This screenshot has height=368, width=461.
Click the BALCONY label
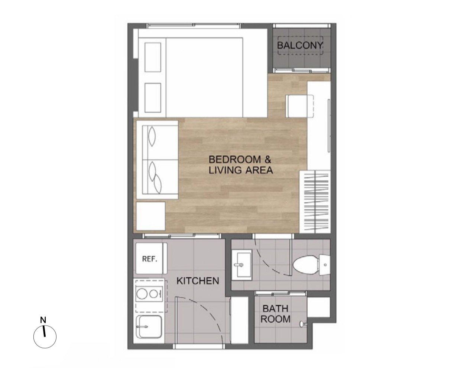pos(300,45)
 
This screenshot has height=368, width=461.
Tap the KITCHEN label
pos(198,281)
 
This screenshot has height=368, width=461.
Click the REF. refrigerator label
pos(150,259)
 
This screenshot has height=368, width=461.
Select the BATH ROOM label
pos(276,314)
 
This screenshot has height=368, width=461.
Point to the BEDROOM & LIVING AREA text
pos(241,165)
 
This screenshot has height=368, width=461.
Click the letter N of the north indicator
pos(43,320)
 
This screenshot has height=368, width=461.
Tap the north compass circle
pos(45,337)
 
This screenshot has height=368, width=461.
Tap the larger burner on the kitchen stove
pos(142,294)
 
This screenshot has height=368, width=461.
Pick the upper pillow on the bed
pos(153,57)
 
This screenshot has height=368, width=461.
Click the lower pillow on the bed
pos(153,98)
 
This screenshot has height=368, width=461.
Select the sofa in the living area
pos(156,160)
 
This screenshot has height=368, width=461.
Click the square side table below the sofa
pos(151,216)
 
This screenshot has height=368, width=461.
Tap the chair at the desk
pos(300,106)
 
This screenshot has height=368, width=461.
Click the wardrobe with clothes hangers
pos(315,202)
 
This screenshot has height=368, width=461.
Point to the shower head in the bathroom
pos(303,324)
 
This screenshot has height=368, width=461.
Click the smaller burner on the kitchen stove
pos(153,294)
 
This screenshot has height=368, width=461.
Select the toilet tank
pos(325,265)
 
